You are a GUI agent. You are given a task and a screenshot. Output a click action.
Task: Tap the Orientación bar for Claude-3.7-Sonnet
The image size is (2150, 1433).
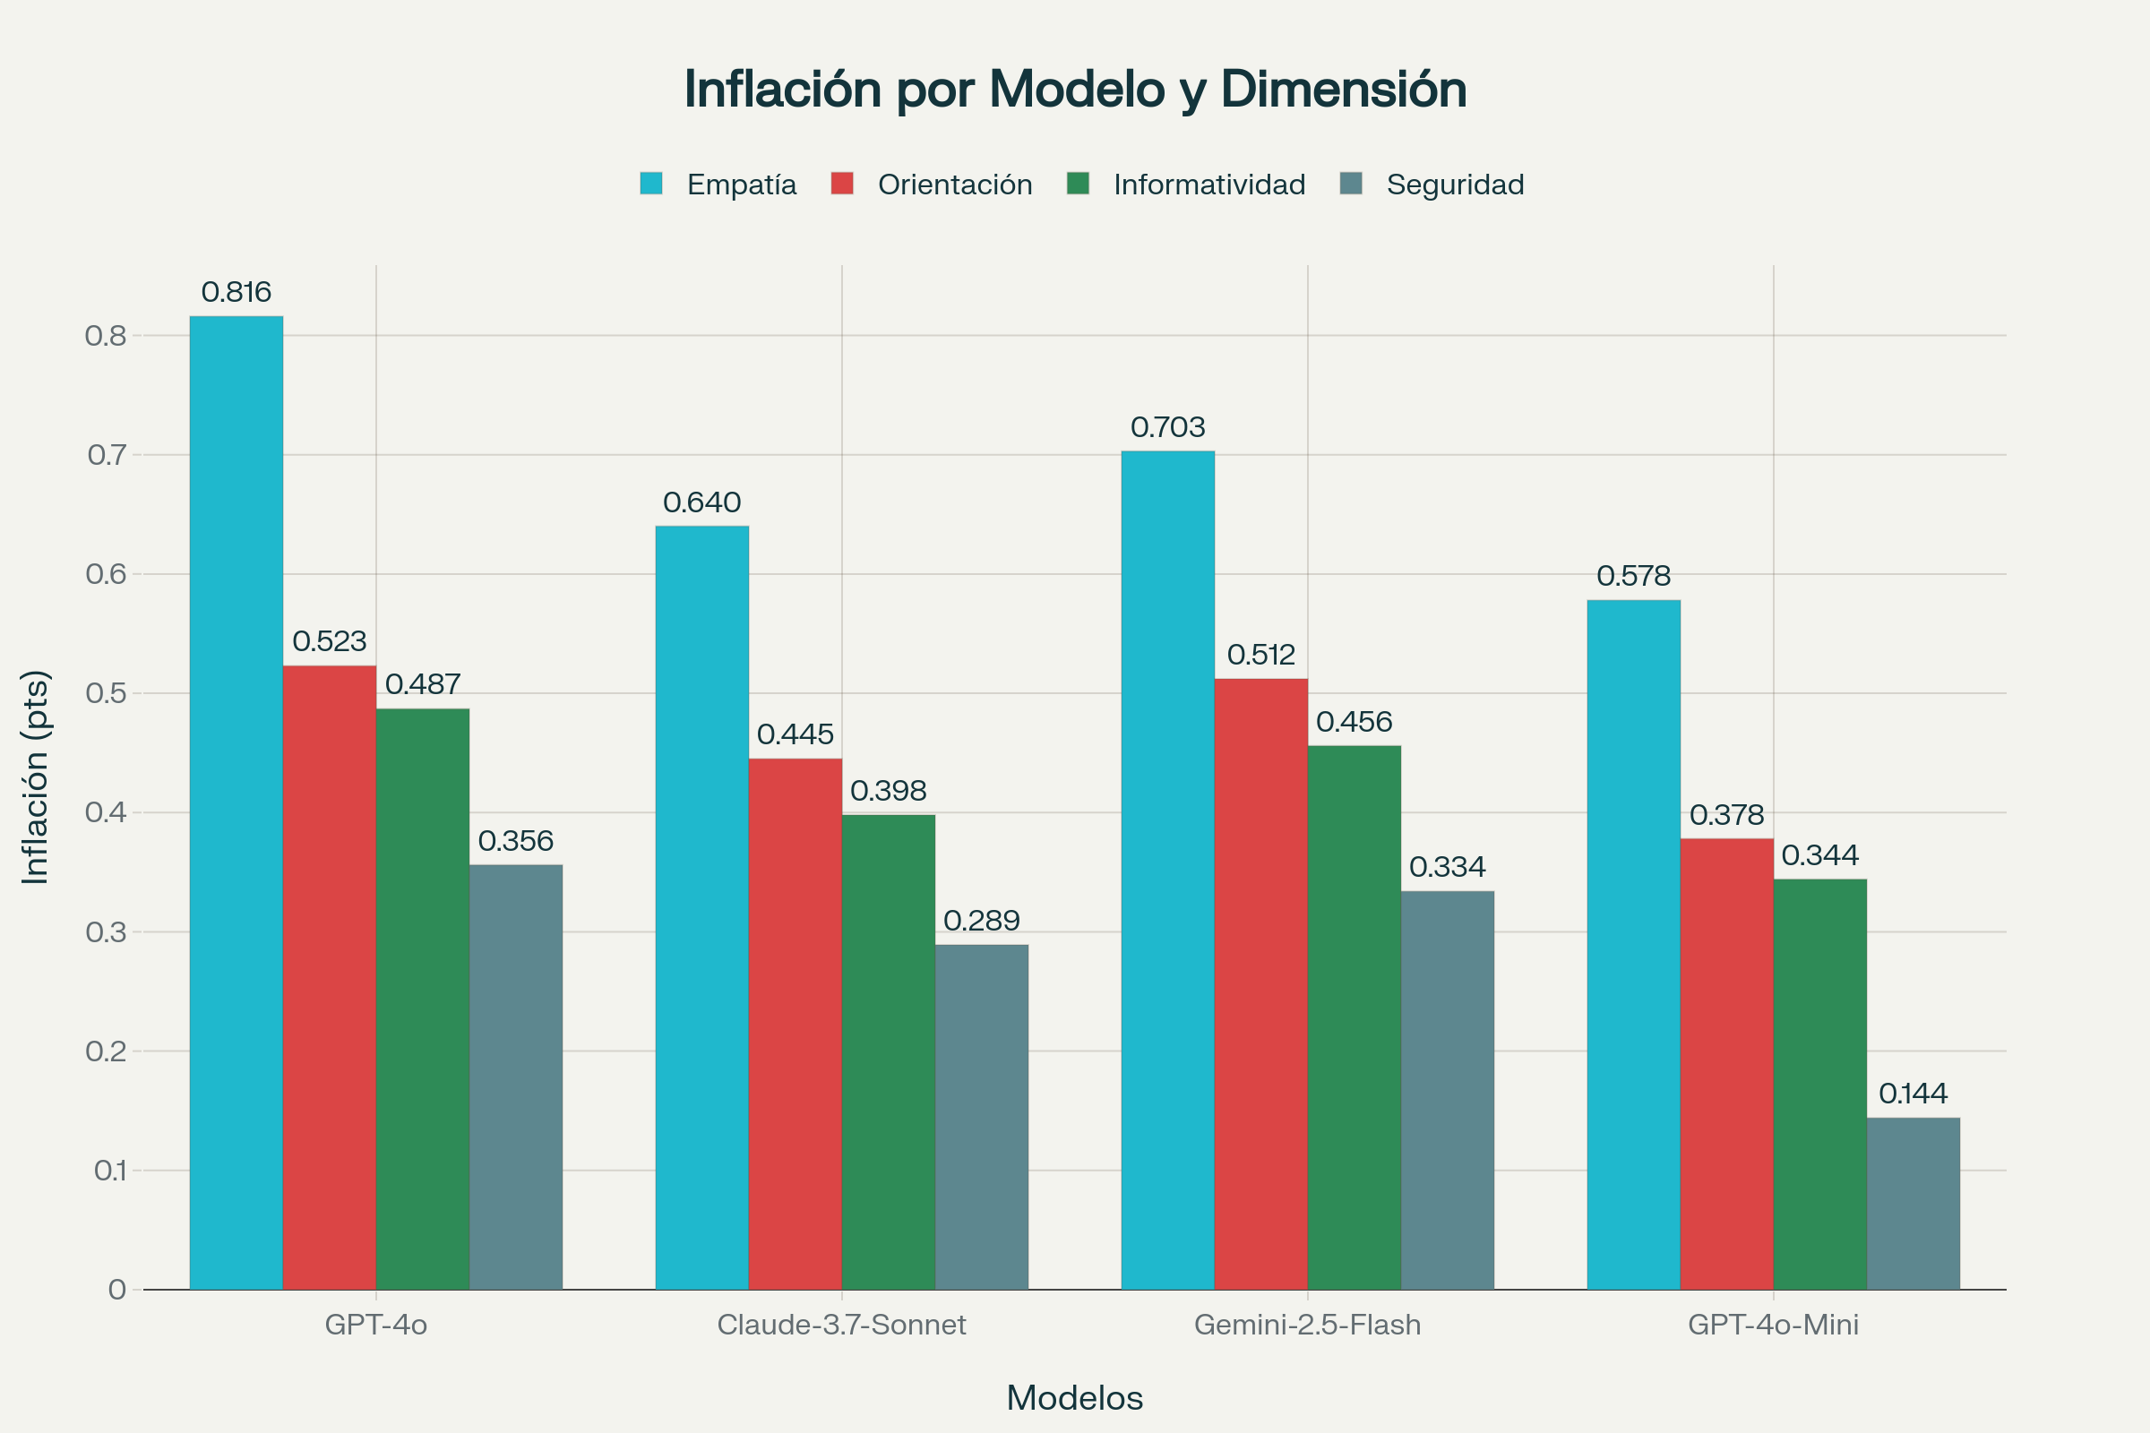click(x=795, y=1024)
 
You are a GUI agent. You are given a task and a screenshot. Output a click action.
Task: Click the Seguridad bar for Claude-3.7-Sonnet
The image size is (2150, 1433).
click(x=981, y=1117)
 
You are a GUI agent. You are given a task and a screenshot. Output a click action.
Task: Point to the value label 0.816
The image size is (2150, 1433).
click(x=236, y=293)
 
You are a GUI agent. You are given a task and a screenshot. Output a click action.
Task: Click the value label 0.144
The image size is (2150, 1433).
click(x=1913, y=1094)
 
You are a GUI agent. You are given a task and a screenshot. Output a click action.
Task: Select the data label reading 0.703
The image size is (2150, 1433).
click(x=1167, y=428)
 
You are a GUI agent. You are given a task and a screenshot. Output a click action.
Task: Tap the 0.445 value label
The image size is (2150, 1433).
click(x=795, y=734)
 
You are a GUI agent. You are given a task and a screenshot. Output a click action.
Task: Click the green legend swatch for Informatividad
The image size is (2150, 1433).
click(x=1078, y=184)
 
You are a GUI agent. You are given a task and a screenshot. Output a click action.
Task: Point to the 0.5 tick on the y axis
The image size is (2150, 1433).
click(x=106, y=693)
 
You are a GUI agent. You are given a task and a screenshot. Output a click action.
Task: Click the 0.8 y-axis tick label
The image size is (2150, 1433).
click(x=106, y=337)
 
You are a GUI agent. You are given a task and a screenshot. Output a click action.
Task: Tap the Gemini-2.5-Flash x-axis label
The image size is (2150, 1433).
click(x=1307, y=1326)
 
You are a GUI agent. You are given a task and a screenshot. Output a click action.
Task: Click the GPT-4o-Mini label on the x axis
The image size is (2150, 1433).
click(x=1773, y=1326)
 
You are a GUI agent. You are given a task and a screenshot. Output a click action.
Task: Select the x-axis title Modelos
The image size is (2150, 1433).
click(x=1074, y=1398)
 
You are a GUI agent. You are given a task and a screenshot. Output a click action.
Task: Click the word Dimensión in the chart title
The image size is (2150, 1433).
click(x=1343, y=90)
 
